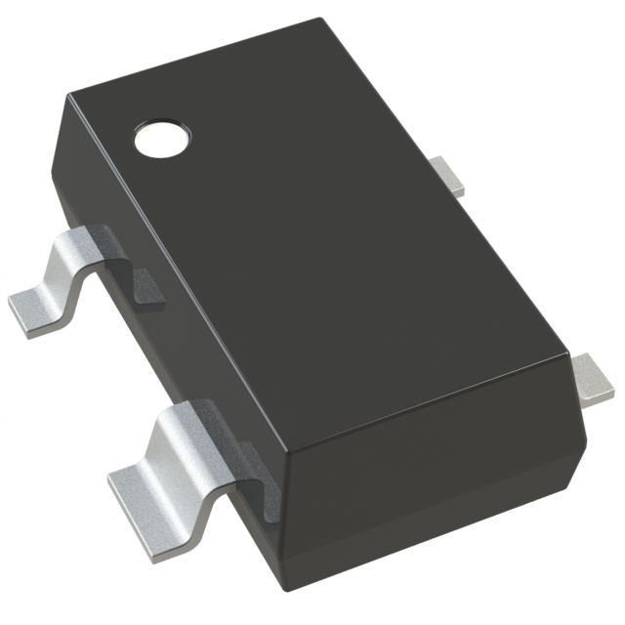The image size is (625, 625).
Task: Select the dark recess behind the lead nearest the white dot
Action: (142, 283)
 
